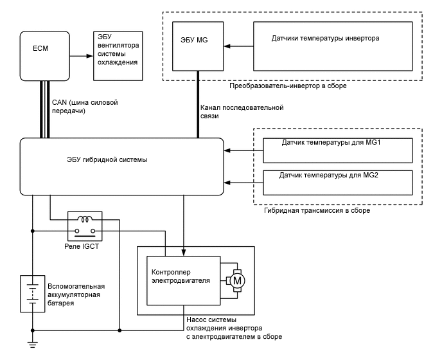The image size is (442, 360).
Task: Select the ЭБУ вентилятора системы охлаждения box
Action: (x=117, y=56)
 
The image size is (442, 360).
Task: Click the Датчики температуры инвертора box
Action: (x=331, y=46)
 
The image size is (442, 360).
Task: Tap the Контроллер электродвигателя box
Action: (x=184, y=280)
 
